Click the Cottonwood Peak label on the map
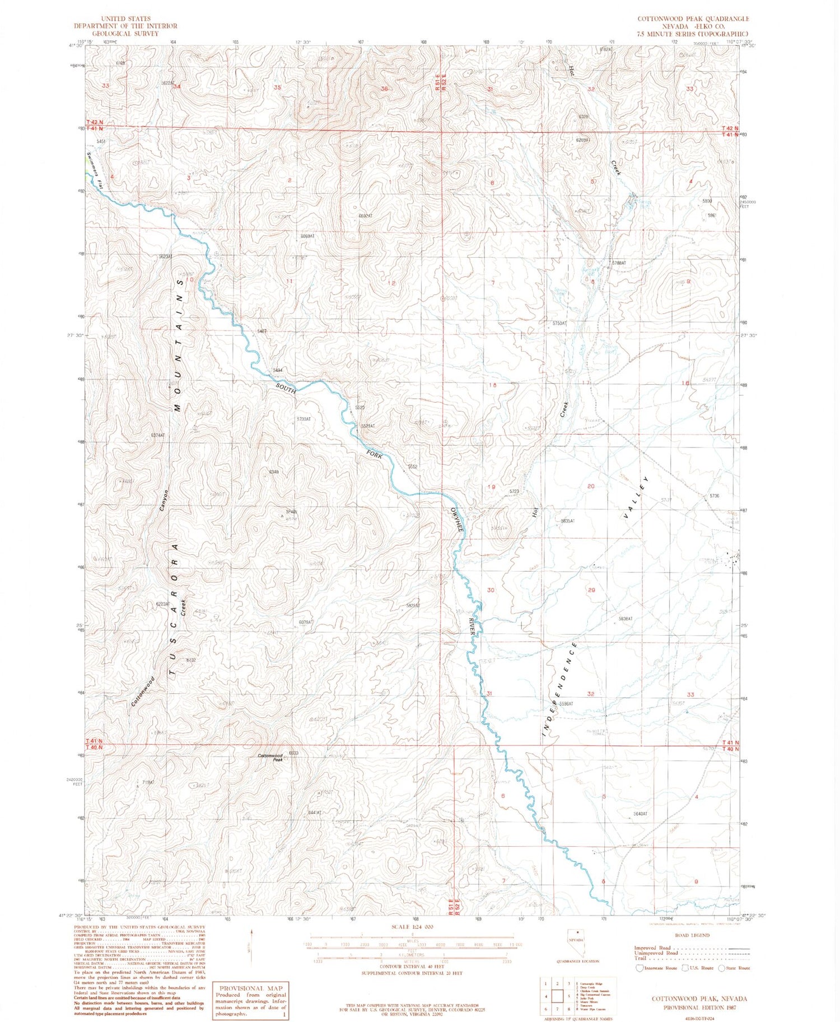tap(270, 757)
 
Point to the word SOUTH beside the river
tap(285, 388)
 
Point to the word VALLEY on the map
tap(636, 498)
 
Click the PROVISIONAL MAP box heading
tap(251, 988)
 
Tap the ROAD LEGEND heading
tap(692, 936)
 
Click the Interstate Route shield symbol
tap(640, 968)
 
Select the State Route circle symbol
tap(722, 968)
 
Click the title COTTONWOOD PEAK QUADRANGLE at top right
tap(692, 18)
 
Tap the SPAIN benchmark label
tap(291, 512)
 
